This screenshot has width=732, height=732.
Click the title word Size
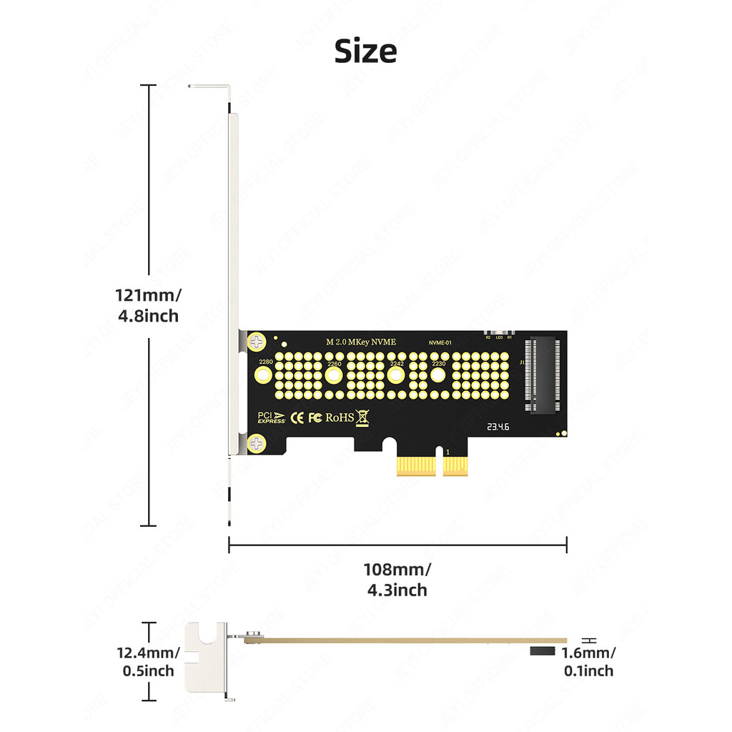365,51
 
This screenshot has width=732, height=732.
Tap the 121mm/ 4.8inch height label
149,305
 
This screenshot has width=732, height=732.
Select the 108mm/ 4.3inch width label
397,580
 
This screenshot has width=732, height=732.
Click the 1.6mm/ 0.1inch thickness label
588,661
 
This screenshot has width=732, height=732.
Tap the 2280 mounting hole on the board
264,374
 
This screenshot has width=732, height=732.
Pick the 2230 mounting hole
437,374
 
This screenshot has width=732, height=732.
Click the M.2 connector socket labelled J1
543,374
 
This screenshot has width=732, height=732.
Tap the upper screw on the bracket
255,343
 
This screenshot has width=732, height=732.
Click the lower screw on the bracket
255,445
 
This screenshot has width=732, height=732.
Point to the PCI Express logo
272,417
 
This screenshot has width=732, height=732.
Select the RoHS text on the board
340,417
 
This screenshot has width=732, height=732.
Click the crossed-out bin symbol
363,417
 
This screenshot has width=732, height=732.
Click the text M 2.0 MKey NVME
360,342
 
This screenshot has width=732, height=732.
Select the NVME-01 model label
440,343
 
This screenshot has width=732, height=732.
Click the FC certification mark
315,417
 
